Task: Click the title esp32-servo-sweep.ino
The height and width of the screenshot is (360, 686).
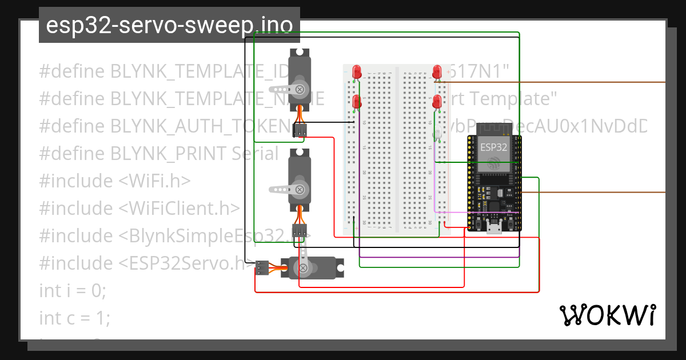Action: [x=169, y=25]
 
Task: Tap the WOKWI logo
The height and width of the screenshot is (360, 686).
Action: [x=607, y=315]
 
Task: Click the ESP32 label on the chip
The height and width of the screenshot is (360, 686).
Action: [x=492, y=147]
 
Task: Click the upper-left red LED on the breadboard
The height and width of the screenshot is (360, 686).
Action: [x=357, y=71]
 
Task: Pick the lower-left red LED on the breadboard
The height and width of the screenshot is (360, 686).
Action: [x=357, y=102]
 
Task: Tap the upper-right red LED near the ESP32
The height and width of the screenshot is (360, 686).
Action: [x=437, y=71]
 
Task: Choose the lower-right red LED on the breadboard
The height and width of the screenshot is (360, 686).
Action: [x=437, y=102]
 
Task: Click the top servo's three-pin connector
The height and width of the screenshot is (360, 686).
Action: [x=300, y=131]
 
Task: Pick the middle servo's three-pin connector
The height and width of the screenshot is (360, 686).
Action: [x=299, y=231]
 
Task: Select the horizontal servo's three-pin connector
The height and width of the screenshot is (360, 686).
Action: [x=262, y=267]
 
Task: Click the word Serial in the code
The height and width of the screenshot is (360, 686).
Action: [x=255, y=153]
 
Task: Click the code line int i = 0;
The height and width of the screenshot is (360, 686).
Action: [x=73, y=290]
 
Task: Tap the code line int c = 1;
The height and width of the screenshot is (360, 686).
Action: [x=74, y=318]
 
